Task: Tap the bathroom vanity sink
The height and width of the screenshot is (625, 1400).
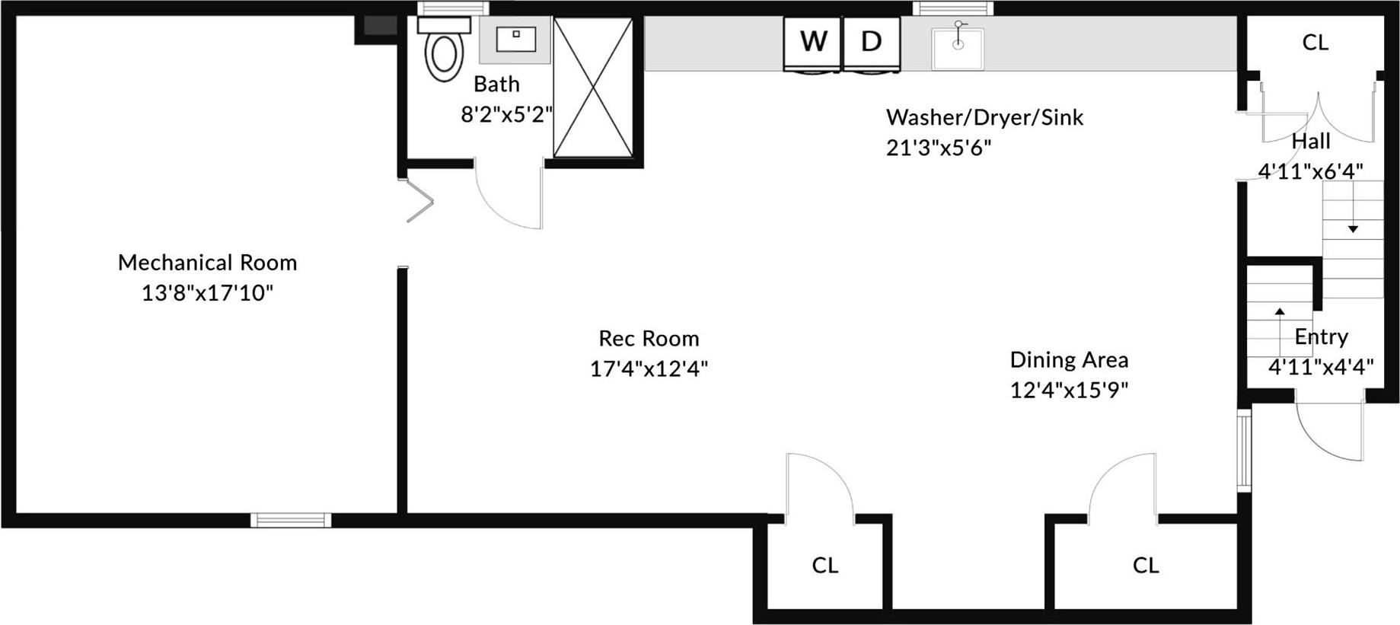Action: click(515, 39)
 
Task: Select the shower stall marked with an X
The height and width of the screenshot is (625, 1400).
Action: click(593, 88)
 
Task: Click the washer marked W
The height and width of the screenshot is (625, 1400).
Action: click(813, 43)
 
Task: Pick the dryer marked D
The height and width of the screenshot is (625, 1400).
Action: click(871, 43)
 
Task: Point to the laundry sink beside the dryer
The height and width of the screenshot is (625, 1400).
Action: click(958, 47)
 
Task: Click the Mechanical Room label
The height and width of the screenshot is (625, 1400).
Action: click(207, 263)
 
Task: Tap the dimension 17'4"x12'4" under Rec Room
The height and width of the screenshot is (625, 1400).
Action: click(649, 369)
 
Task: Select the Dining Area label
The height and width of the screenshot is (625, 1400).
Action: click(1069, 359)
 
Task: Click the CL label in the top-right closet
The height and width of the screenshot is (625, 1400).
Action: click(1315, 43)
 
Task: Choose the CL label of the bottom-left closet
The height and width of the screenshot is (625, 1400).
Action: click(824, 565)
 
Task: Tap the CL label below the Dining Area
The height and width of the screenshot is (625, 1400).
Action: click(1145, 565)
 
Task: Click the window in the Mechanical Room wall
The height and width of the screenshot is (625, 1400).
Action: click(291, 520)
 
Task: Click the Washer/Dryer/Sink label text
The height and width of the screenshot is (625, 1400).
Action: click(984, 117)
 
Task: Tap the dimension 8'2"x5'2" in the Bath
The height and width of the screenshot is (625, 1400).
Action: click(506, 114)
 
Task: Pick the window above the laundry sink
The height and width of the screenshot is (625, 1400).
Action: click(953, 8)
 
